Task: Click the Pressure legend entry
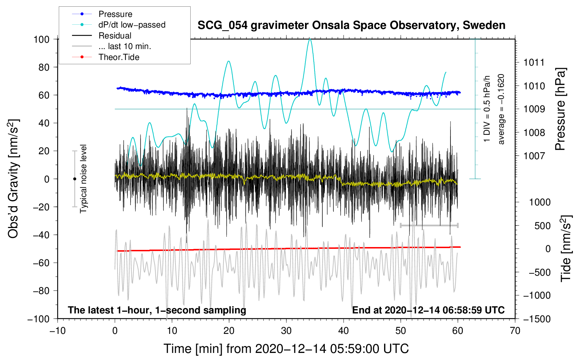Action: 115,14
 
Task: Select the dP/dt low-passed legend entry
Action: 132,25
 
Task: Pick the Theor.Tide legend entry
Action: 119,57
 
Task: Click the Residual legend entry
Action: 115,36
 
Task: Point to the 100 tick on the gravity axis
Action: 41,39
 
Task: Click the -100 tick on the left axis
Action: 38,319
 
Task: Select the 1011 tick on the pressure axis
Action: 534,63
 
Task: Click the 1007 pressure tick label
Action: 534,156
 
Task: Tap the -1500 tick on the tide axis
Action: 537,319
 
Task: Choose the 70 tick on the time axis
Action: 515,331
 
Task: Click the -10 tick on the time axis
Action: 58,331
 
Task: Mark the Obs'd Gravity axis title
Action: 13,179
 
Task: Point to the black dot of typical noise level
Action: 74,179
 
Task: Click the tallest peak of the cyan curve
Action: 310,39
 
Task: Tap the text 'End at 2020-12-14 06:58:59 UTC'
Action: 428,310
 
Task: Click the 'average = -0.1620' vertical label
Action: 501,109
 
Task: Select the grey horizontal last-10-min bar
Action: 429,225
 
